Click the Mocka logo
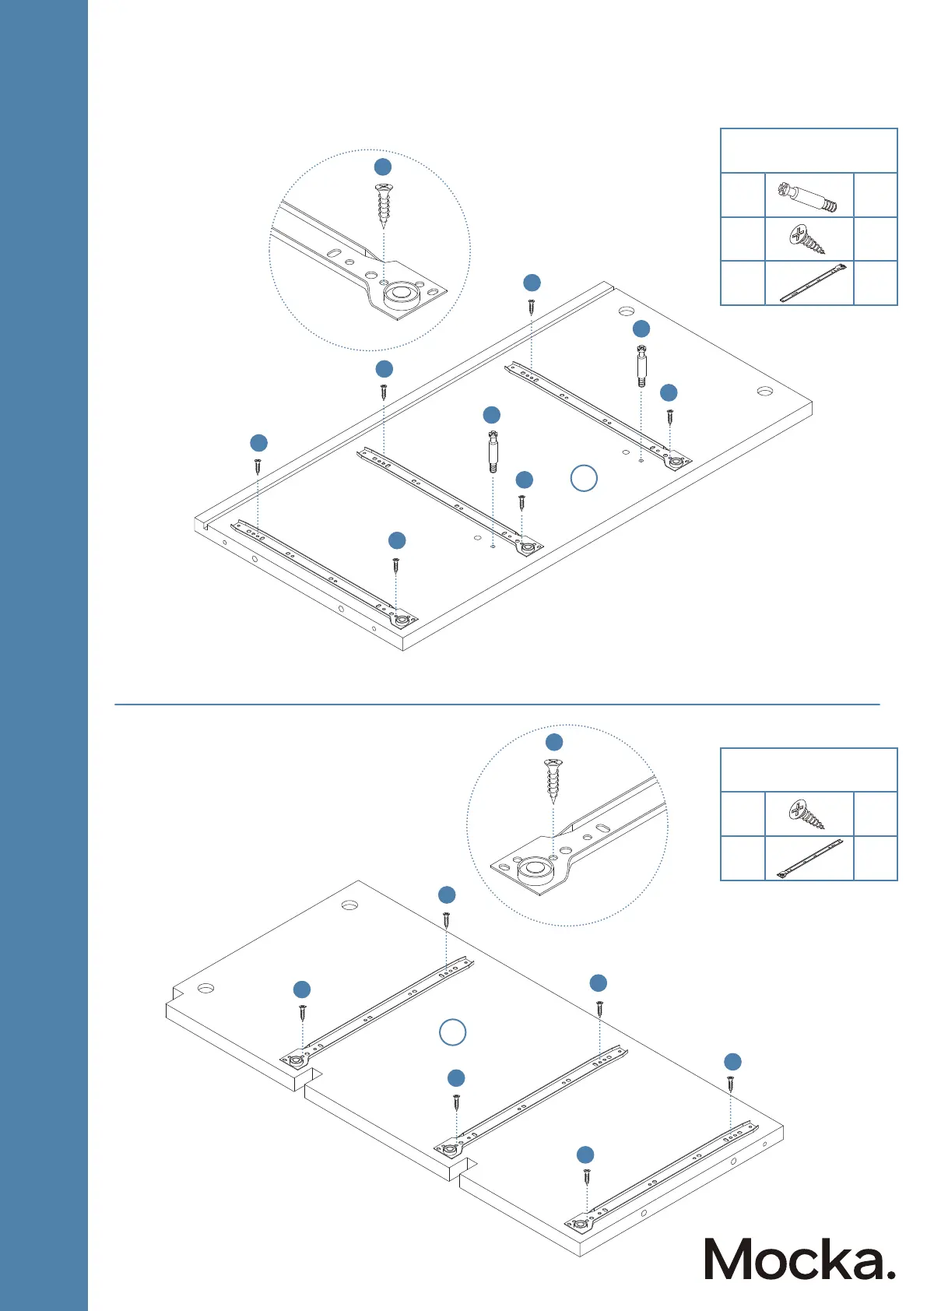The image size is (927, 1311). [x=799, y=1259]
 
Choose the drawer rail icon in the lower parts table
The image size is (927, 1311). [x=809, y=859]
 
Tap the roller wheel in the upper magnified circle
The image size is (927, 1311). [x=400, y=295]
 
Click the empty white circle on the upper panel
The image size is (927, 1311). [x=584, y=478]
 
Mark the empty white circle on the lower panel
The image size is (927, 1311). [x=453, y=1032]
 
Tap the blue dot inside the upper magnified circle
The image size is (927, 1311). [x=383, y=167]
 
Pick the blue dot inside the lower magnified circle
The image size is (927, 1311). [x=553, y=742]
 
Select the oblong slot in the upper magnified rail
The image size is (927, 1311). [x=332, y=253]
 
